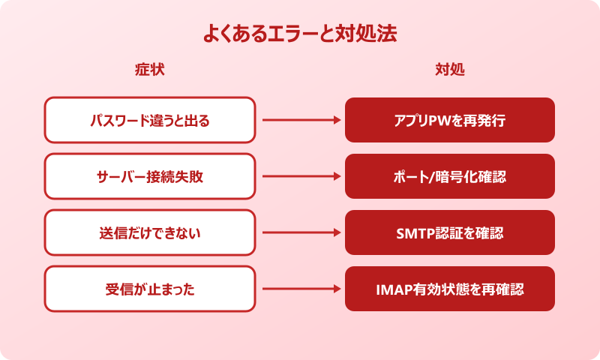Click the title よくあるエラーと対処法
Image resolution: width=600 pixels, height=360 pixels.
point(300,34)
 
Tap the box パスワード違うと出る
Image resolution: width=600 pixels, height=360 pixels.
point(150,120)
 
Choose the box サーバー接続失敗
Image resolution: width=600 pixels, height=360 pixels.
point(150,176)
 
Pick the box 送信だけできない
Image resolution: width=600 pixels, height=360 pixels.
point(150,232)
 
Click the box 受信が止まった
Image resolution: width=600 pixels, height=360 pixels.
point(150,289)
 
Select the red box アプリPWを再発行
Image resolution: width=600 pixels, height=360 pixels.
point(450,120)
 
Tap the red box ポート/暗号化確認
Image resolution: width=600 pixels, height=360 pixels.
point(450,176)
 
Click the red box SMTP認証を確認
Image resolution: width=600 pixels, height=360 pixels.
point(450,232)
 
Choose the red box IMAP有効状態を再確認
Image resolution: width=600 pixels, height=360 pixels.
point(450,289)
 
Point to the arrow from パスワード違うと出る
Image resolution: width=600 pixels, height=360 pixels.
point(300,120)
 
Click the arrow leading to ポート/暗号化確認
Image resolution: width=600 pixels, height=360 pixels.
point(300,176)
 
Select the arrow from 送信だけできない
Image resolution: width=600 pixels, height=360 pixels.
point(300,232)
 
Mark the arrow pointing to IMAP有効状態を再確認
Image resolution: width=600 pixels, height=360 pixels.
point(300,289)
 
